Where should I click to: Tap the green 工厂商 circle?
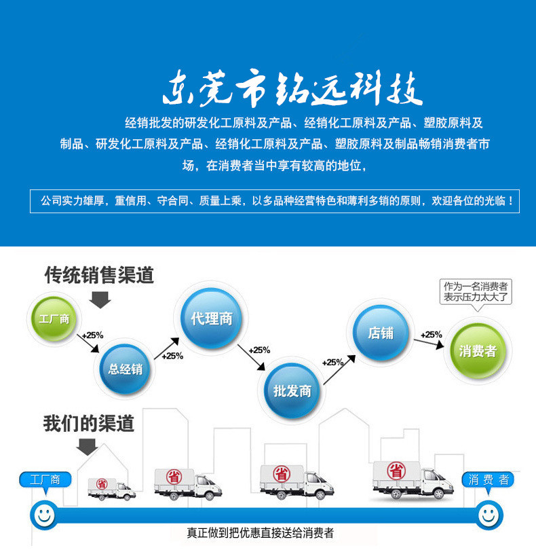click(x=54, y=318)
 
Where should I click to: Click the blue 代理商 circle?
click(x=211, y=318)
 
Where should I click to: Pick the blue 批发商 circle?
click(x=292, y=391)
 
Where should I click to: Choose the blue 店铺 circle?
click(x=380, y=333)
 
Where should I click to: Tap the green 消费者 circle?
click(x=478, y=351)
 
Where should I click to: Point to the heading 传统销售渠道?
click(x=99, y=275)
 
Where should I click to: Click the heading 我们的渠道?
click(x=89, y=424)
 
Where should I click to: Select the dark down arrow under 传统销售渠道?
click(x=100, y=298)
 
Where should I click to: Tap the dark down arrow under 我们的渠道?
click(x=87, y=446)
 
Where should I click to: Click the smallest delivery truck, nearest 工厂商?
click(x=111, y=488)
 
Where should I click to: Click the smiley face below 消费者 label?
click(x=487, y=514)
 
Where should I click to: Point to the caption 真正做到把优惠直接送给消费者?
click(x=261, y=533)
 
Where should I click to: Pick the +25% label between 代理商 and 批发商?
click(x=259, y=350)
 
